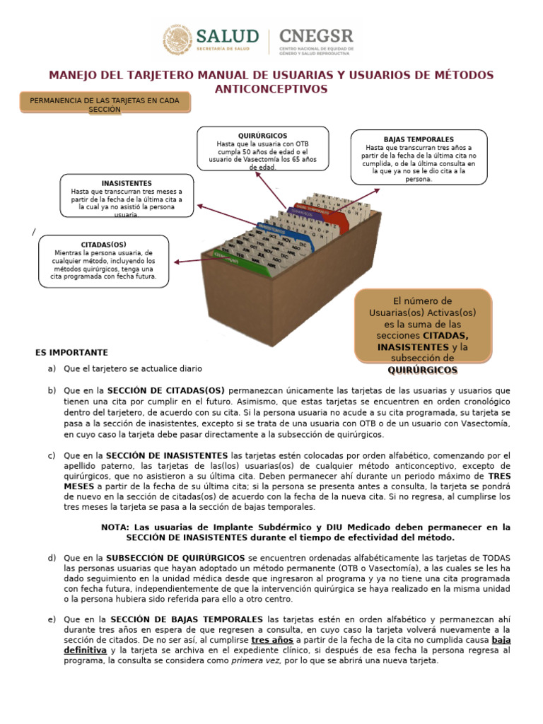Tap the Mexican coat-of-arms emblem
click(178, 40)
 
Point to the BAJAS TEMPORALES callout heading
click(419, 139)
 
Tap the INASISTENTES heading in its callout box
click(127, 183)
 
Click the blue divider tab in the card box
click(271, 226)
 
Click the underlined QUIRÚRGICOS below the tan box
click(423, 370)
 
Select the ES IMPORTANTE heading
click(71, 352)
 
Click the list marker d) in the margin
click(52, 559)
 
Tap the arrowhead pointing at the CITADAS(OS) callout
click(176, 262)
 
